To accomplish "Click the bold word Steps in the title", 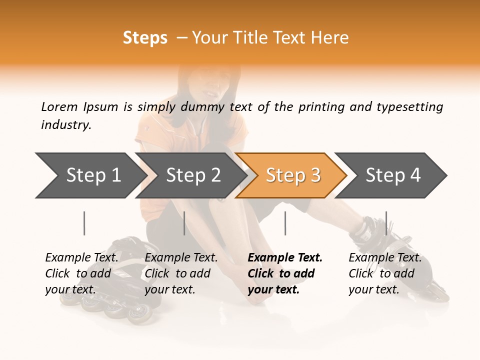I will pos(145,38).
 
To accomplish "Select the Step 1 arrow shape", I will pos(90,175).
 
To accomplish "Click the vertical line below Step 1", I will pos(84,223).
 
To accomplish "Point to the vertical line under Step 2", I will pos(184,223).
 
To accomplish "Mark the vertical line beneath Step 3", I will pos(285,223).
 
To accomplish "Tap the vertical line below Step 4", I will pos(386,223).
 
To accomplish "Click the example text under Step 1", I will pos(81,273).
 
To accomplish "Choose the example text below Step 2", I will pos(181,273).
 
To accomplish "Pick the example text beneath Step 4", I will pos(385,273).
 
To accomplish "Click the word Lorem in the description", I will pos(59,107).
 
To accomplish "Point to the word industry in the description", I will pos(66,125).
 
